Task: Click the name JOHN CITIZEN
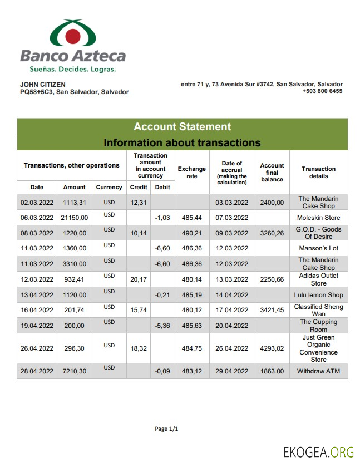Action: [x=43, y=85]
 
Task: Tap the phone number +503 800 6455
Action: [x=322, y=91]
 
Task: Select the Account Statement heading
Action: [x=182, y=127]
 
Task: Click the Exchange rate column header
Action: [x=191, y=173]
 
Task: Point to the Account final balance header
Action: [x=272, y=173]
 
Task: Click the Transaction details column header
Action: [x=318, y=173]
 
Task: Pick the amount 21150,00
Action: [x=75, y=218]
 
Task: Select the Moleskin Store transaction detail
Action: [x=318, y=218]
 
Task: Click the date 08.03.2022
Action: [x=37, y=233]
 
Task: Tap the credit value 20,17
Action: [x=139, y=279]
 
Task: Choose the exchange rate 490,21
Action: [x=191, y=233]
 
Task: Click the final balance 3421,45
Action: [x=272, y=311]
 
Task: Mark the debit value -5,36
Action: [x=162, y=326]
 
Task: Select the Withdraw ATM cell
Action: [x=318, y=371]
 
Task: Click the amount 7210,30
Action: [x=75, y=371]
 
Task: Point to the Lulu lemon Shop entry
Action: [x=318, y=295]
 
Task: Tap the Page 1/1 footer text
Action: [x=166, y=429]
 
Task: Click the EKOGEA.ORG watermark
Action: [x=318, y=452]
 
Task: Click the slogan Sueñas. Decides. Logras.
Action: [x=72, y=70]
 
